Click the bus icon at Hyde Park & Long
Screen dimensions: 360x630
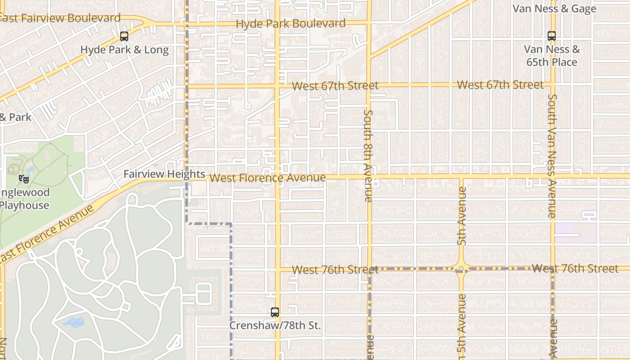pyautogui.click(x=124, y=37)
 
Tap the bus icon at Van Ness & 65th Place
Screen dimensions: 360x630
pyautogui.click(x=552, y=36)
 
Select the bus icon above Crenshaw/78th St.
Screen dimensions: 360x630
pyautogui.click(x=274, y=312)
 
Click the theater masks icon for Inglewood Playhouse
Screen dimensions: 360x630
pyautogui.click(x=24, y=179)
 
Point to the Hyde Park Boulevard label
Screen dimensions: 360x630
pyautogui.click(x=291, y=23)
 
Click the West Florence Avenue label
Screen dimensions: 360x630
pyautogui.click(x=267, y=178)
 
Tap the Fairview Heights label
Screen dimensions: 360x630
pyautogui.click(x=164, y=174)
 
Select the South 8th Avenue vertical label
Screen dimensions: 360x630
pyautogui.click(x=368, y=156)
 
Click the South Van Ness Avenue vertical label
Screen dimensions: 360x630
pyautogui.click(x=552, y=156)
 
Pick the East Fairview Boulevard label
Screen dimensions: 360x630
pyautogui.click(x=59, y=18)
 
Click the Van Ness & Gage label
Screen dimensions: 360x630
pyautogui.click(x=554, y=9)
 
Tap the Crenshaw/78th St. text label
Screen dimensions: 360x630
pyautogui.click(x=275, y=325)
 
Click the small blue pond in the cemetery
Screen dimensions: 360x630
pyautogui.click(x=73, y=322)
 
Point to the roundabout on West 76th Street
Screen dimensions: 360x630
pyautogui.click(x=461, y=269)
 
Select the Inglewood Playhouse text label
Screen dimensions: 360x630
pyautogui.click(x=24, y=199)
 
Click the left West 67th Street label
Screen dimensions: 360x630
pyautogui.click(x=335, y=85)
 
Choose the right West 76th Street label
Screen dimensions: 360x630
pyautogui.click(x=575, y=269)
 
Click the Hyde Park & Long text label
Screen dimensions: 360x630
pyautogui.click(x=124, y=50)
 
